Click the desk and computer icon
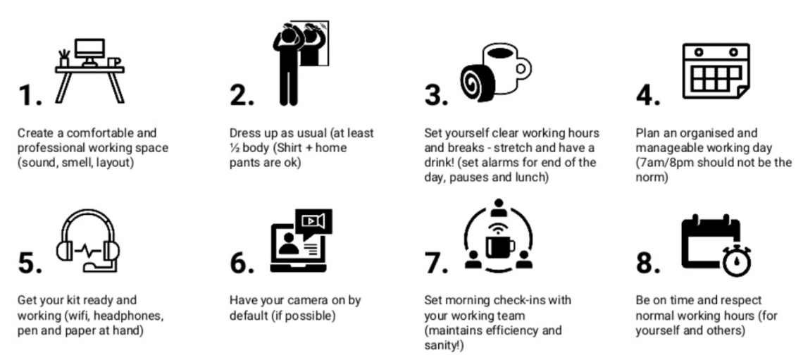click(x=89, y=69)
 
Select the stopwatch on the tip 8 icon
click(x=735, y=261)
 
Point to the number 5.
click(x=28, y=262)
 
